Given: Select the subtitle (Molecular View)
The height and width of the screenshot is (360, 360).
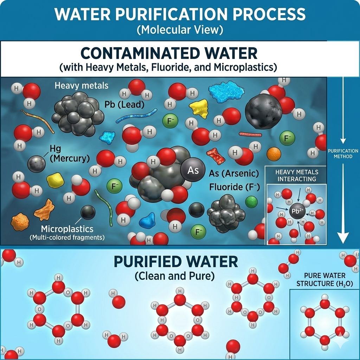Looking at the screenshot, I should click(180, 30).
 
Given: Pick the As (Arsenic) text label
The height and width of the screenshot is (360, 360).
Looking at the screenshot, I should click(234, 173).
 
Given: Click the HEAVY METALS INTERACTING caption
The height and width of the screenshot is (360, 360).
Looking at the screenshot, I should click(297, 175).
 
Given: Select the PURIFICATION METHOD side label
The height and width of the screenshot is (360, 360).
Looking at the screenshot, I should click(343, 154).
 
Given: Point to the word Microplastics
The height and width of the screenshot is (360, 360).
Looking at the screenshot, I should click(62, 229).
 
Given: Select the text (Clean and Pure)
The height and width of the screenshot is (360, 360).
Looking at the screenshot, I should click(174, 276).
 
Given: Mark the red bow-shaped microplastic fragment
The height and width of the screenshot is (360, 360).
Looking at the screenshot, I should click(216, 155).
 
